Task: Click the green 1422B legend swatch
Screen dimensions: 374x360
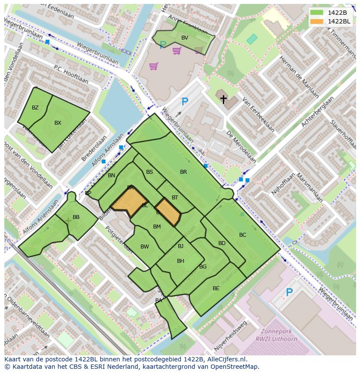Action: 317,13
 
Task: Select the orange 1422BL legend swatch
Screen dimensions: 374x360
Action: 317,21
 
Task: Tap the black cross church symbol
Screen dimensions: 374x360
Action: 223,99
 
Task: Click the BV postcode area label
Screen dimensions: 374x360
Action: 185,38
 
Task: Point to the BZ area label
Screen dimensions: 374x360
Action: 35,108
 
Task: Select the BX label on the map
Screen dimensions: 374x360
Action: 58,123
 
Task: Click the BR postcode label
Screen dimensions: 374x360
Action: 183,172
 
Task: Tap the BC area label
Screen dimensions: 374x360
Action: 243,235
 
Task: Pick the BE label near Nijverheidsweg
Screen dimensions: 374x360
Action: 216,288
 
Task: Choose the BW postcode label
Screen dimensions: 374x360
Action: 145,247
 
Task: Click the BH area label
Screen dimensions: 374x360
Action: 180,261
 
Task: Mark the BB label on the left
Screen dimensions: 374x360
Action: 76,217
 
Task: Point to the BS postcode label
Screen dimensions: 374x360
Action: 150,172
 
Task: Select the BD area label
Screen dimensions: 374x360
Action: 222,243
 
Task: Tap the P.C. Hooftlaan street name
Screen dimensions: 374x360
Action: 71,74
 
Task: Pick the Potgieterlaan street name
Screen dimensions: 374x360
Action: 118,238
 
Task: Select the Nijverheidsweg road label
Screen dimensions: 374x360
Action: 231,336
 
